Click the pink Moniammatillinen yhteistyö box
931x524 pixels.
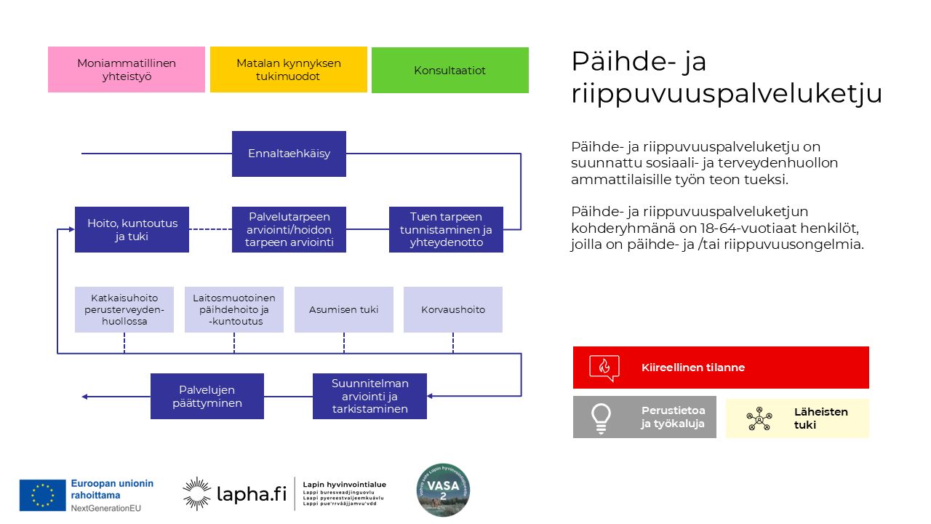(127, 70)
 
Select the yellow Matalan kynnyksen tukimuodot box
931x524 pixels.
(289, 70)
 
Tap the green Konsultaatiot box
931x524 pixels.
(450, 71)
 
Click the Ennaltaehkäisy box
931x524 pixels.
(289, 154)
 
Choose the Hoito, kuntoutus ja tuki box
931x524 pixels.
(132, 230)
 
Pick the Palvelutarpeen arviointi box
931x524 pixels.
(289, 230)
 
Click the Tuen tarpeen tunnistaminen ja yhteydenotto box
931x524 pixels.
(446, 230)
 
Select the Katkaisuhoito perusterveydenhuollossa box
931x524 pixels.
(124, 310)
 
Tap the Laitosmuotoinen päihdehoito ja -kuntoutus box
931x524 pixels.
(234, 310)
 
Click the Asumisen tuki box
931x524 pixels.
(344, 310)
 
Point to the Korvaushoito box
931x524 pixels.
(453, 310)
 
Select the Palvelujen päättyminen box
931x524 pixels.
(207, 397)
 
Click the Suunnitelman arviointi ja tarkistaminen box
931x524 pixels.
(369, 397)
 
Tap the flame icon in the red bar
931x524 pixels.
(604, 368)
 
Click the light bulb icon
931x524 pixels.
(601, 418)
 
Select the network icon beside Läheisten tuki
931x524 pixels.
(759, 418)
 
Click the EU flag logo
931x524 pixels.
(43, 495)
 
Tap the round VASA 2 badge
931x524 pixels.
(443, 491)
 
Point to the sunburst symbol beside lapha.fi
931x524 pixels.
(196, 493)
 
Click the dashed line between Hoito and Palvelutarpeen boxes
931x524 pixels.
(210, 230)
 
